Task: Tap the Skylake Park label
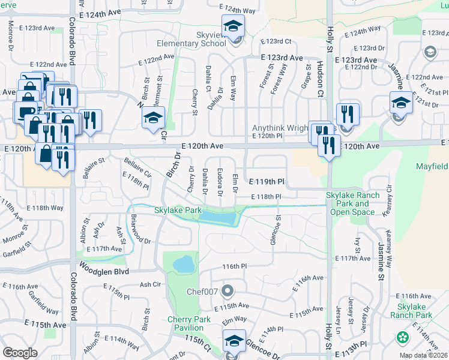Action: click(178, 211)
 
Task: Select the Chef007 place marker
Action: click(228, 292)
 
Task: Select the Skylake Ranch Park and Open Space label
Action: click(353, 203)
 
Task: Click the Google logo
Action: click(20, 352)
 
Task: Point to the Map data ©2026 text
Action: click(423, 356)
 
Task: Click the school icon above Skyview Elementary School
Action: click(233, 26)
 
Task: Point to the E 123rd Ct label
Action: click(276, 41)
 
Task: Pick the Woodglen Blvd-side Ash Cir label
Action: click(151, 284)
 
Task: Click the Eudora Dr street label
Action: click(220, 179)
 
